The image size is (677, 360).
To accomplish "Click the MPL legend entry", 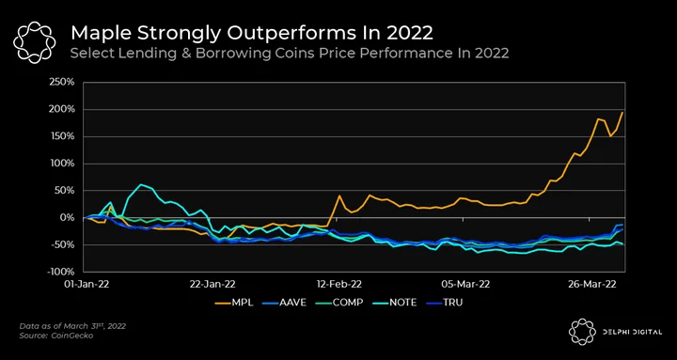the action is (234, 303).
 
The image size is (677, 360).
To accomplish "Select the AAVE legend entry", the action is (284, 303).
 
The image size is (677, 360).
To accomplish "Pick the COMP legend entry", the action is (338, 303).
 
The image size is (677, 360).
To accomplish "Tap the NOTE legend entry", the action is (394, 303).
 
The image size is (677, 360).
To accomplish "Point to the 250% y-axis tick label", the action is (64, 83).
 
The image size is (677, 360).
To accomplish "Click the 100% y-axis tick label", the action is (64, 164).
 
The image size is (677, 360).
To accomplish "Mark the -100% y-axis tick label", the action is (62, 272).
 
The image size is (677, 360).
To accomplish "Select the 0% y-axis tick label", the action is (68, 218).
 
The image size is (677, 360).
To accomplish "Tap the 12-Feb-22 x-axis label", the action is (338, 285).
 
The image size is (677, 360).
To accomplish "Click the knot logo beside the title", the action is (34, 42).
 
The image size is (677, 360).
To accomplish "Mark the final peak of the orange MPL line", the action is (622, 112).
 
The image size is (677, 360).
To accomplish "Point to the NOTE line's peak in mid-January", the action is (141, 184).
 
